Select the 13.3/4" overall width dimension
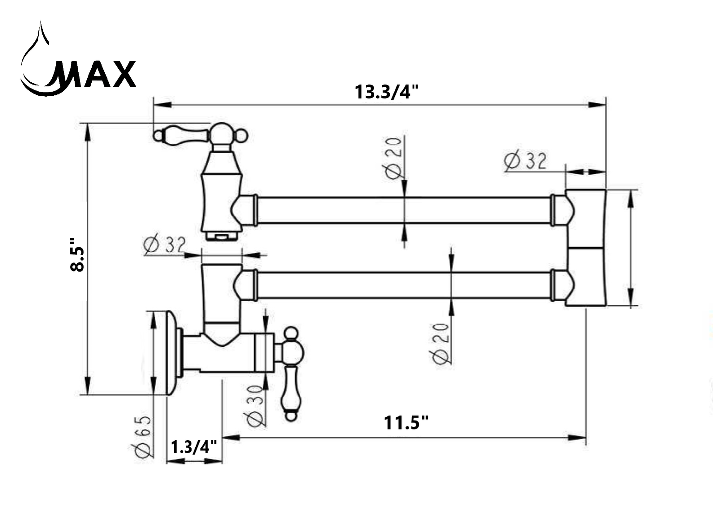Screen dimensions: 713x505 coord(386,92)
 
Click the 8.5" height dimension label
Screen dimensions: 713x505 coord(77,254)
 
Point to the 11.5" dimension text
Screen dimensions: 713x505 coord(406,423)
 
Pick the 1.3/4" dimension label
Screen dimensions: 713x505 coord(194,447)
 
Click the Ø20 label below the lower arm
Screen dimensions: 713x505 coord(441,344)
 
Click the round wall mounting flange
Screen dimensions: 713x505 coord(172,353)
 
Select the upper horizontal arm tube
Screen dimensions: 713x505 coord(404,211)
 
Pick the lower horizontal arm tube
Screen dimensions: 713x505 coord(404,286)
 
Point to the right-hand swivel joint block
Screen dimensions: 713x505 coord(586,248)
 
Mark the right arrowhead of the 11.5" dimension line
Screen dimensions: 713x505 coord(577,438)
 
